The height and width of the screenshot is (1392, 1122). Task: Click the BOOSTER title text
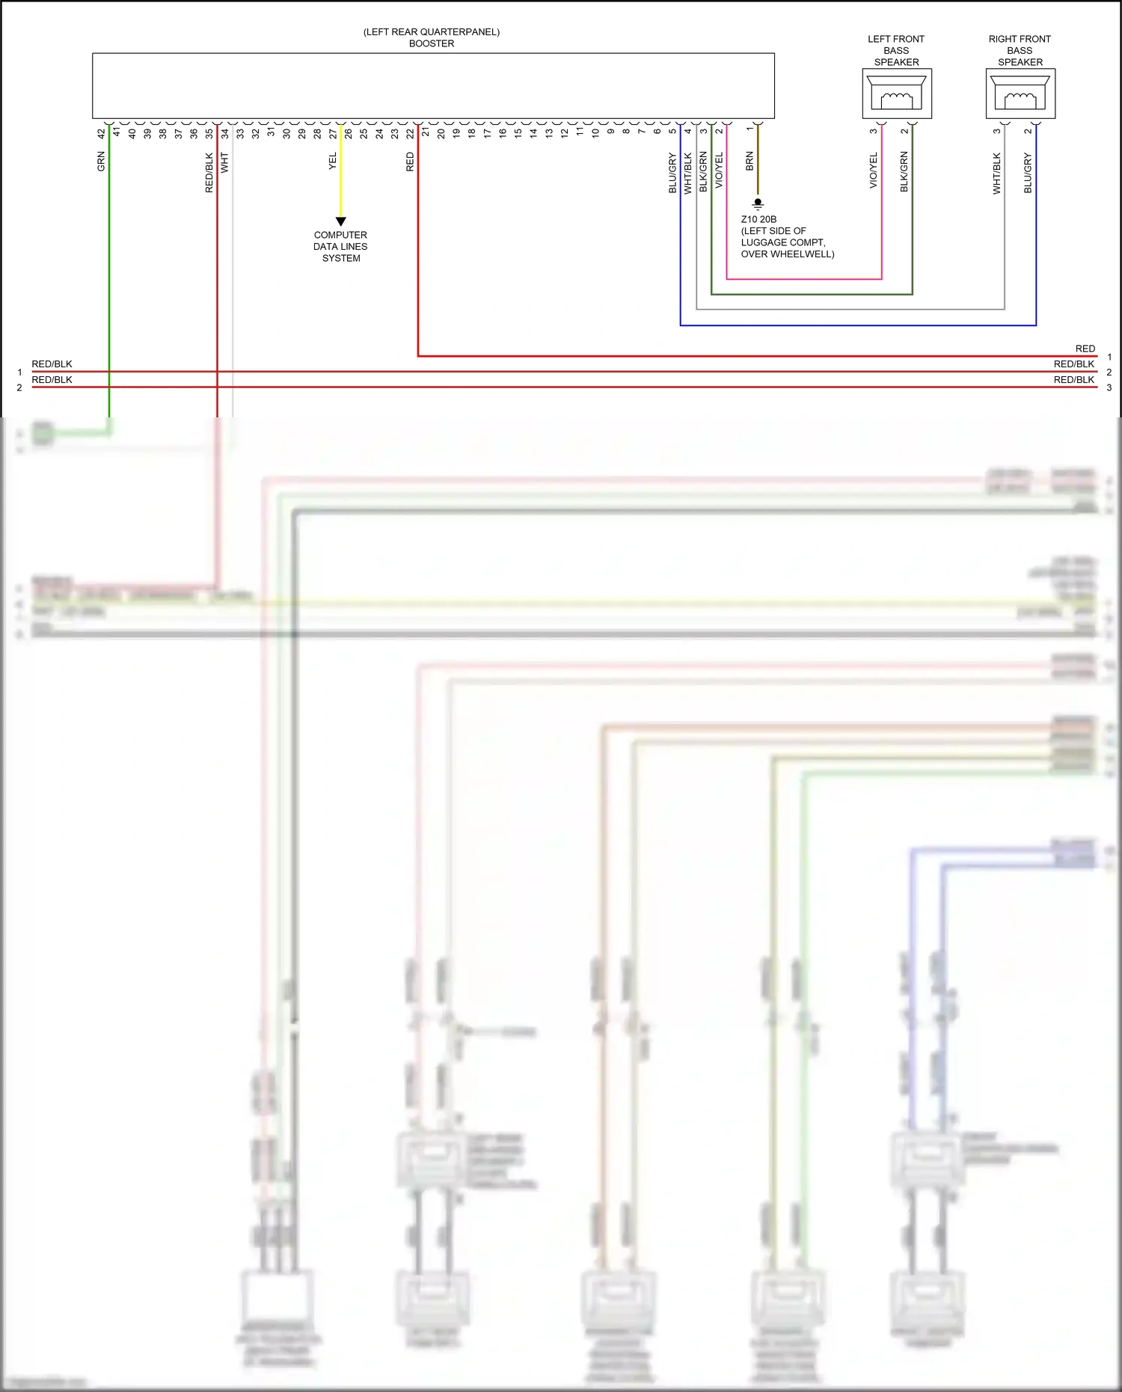[x=432, y=43]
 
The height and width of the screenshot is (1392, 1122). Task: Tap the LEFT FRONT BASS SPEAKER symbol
[x=896, y=93]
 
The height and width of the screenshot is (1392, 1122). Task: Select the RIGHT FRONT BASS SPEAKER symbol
[x=1020, y=93]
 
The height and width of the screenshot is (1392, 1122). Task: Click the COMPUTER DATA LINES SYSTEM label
[x=340, y=246]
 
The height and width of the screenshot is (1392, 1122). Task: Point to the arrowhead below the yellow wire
[x=340, y=221]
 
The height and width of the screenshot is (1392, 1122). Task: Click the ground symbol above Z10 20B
[x=758, y=203]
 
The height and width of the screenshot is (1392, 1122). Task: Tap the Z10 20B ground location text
[x=787, y=236]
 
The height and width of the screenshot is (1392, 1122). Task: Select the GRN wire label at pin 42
[x=101, y=162]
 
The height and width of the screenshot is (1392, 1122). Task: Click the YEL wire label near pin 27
[x=333, y=162]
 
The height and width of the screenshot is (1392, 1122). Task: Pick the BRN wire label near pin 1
[x=749, y=162]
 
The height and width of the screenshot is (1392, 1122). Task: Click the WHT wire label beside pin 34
[x=224, y=163]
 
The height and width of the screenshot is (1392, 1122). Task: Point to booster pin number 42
[x=101, y=134]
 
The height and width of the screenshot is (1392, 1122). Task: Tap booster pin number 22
[x=410, y=134]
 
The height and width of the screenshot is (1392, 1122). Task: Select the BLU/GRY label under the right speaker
[x=1028, y=174]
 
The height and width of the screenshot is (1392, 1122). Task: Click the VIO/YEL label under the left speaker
[x=873, y=171]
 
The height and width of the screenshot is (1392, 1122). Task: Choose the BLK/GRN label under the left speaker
[x=904, y=172]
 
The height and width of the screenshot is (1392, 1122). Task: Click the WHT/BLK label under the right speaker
[x=996, y=174]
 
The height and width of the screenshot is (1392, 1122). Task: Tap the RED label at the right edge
[x=1085, y=349]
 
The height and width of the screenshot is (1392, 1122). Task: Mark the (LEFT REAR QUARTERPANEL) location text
[x=432, y=32]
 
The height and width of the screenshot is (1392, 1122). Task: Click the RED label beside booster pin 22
[x=410, y=162]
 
